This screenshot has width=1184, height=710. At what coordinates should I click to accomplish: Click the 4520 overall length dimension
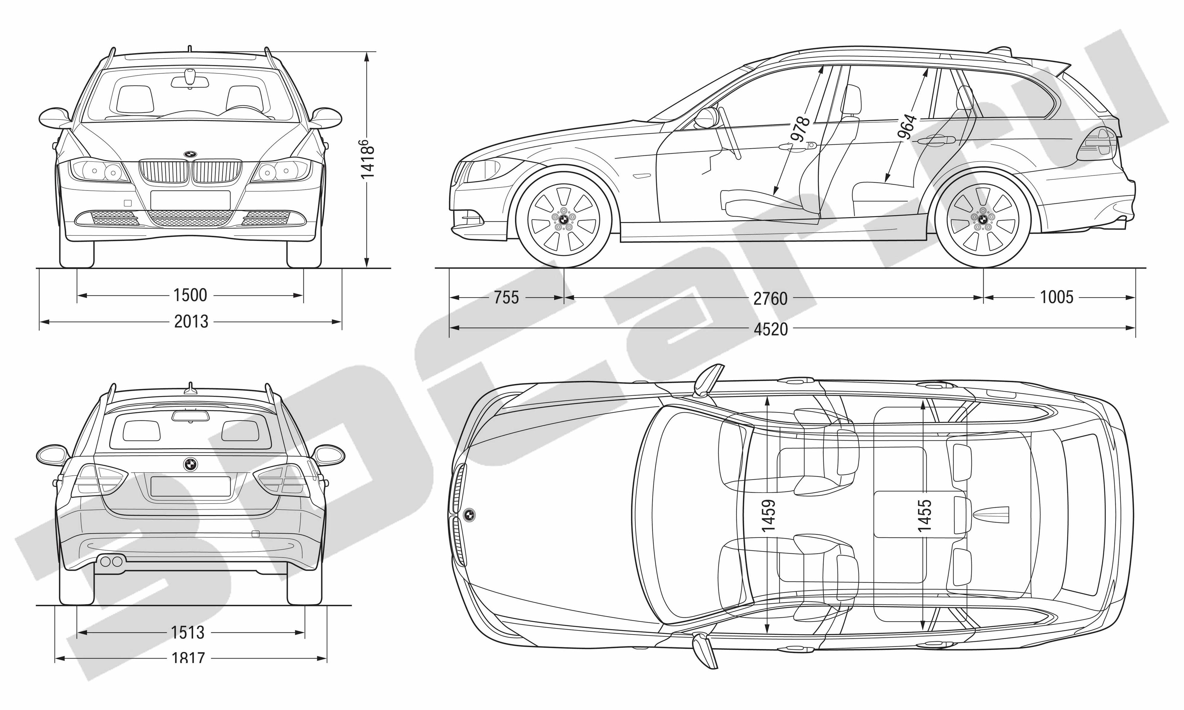[x=771, y=329]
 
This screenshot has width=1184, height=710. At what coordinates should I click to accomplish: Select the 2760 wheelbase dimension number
[x=770, y=299]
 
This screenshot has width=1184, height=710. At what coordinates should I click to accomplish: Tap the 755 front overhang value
[x=506, y=298]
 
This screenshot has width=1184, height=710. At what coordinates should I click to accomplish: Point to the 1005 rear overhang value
[x=1057, y=297]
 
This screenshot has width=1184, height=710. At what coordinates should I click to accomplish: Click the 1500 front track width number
[x=190, y=295]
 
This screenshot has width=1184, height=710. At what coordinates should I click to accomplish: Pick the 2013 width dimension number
[x=191, y=321]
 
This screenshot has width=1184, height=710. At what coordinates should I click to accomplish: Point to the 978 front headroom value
[x=800, y=129]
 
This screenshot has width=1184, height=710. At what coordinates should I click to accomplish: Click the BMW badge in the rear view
[x=191, y=464]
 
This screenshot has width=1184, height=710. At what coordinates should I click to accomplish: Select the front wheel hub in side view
[x=564, y=219]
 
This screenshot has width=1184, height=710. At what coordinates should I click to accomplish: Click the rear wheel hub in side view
[x=982, y=219]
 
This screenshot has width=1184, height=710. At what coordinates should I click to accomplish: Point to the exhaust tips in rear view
[x=111, y=561]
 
